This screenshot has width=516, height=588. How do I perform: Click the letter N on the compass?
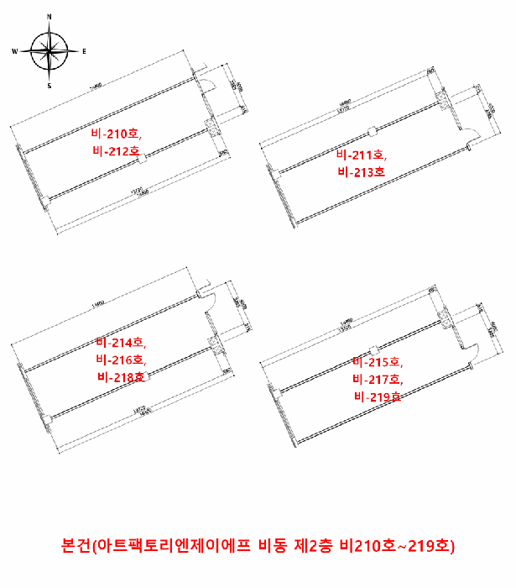tap(50, 16)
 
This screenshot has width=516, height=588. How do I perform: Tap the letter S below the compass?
tap(50, 86)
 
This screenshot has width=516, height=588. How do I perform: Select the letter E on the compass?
tap(85, 51)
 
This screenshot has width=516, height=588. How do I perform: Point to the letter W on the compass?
tap(14, 51)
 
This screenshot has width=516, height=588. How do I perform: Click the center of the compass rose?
tap(50, 51)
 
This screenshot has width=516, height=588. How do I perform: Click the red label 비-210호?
tap(117, 133)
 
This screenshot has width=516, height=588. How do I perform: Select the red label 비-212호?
tap(116, 151)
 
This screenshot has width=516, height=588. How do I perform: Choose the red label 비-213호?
tap(361, 172)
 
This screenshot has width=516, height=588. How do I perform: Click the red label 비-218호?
tap(121, 377)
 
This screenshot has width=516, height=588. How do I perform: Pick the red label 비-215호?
tap(378, 362)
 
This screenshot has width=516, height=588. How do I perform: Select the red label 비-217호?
tap(378, 379)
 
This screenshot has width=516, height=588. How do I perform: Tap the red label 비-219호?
tap(378, 396)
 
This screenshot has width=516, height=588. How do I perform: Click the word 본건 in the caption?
tap(75, 546)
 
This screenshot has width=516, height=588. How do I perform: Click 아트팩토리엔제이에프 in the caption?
tap(173, 546)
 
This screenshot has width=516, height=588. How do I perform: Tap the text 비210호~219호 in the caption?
tap(394, 546)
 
